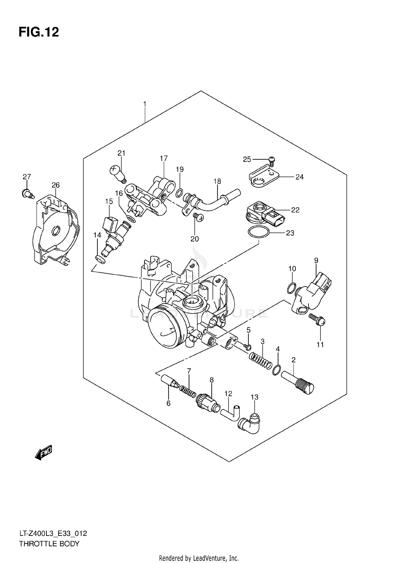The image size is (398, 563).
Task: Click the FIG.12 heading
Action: [39, 32]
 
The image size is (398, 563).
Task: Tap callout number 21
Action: [121, 153]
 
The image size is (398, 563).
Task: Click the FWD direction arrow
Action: [44, 452]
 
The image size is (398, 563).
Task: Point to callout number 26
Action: [55, 185]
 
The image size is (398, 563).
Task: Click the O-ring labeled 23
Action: [258, 232]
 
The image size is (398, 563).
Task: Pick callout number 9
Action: [316, 261]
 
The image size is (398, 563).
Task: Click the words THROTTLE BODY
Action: [49, 544]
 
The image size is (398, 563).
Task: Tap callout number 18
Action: [217, 181]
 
